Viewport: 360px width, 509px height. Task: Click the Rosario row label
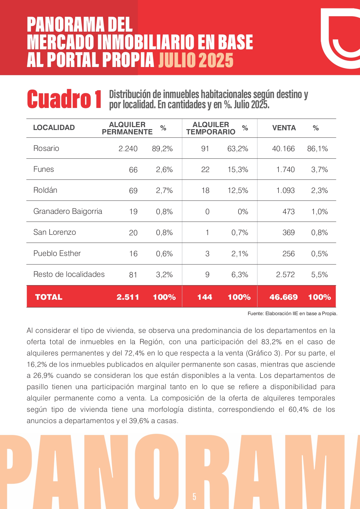coord(46,148)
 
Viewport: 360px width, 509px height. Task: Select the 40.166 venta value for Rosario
coord(283,149)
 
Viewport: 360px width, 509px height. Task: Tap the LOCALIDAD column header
coord(54,128)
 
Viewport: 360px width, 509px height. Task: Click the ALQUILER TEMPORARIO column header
coord(211,128)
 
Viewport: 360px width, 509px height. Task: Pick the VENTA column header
coord(284,128)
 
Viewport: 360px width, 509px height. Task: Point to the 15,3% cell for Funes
coord(238,169)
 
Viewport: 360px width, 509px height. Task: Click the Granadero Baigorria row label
coord(68,211)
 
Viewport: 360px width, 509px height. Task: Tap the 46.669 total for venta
coord(283,297)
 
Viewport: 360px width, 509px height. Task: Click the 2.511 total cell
coord(128,297)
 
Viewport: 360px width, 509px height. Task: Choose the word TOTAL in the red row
coord(49,297)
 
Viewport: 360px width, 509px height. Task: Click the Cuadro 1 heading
coord(64,99)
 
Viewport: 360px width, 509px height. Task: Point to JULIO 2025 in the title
coord(196,60)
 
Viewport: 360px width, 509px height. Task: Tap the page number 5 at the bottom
coord(194,497)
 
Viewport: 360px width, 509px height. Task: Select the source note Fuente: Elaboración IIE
coord(292,313)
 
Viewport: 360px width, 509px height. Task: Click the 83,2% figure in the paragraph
coord(271,342)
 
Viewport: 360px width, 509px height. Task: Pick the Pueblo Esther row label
coord(57,253)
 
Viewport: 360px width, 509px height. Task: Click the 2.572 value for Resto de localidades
coord(285,275)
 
